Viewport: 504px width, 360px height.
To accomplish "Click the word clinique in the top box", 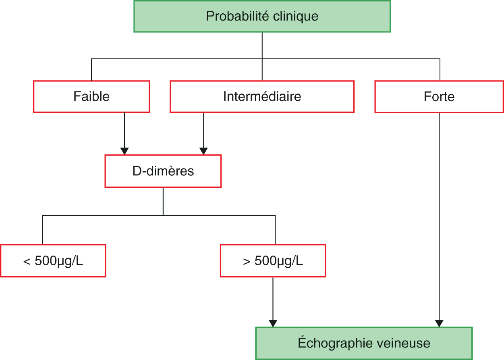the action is tap(296, 16).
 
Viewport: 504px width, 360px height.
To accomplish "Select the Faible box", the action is tap(91, 96).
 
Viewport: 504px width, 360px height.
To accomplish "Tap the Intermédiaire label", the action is tap(262, 96).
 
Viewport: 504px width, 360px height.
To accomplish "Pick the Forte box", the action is tap(439, 97).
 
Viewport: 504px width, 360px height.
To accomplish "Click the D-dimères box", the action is tap(163, 171).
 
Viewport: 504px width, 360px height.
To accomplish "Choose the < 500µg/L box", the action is tap(53, 261).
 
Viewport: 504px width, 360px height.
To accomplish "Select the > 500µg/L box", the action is tap(273, 261).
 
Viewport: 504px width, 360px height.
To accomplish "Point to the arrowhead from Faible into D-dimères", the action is tap(124, 151).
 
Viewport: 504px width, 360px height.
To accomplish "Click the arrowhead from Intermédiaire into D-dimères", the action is tap(203, 151).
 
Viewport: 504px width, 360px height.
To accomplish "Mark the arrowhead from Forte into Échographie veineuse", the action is tap(439, 324).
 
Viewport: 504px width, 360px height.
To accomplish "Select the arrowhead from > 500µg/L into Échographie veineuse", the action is tap(273, 324).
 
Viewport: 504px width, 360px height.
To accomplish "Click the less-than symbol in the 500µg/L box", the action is tap(27, 262).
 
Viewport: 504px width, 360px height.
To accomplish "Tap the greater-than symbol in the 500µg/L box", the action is tap(247, 262).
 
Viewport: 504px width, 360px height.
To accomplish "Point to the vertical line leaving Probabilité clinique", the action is tap(262, 56).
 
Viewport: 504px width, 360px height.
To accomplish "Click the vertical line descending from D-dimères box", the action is tap(163, 202).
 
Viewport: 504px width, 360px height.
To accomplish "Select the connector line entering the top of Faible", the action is tap(91, 70).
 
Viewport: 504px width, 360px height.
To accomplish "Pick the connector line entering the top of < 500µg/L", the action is tap(42, 230).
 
